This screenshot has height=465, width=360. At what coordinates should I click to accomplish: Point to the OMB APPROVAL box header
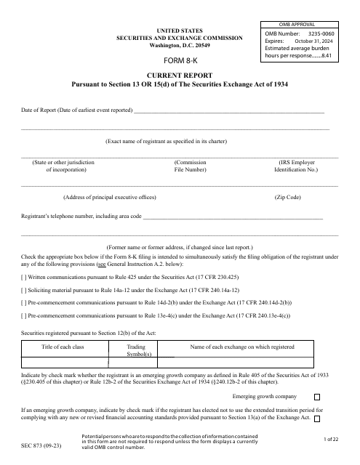(303, 24)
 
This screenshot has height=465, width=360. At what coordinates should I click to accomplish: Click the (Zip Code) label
(287, 197)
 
